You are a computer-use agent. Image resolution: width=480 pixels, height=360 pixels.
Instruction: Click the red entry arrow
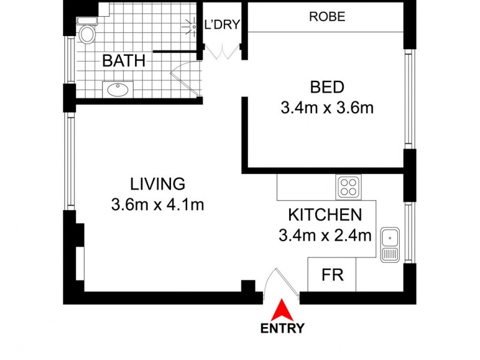point(281,311)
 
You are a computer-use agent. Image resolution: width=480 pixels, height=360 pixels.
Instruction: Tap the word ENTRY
point(282,328)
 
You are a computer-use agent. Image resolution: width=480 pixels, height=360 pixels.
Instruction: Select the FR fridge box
point(331,275)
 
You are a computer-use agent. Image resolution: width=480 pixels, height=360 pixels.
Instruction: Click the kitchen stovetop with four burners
point(348,186)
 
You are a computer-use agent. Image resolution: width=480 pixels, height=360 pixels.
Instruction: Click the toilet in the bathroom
point(86,33)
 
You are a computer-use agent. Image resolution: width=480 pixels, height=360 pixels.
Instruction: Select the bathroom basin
point(118,90)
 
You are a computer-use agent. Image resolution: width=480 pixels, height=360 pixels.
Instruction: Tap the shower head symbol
point(192,26)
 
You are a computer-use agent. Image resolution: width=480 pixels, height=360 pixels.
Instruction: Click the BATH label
point(123,61)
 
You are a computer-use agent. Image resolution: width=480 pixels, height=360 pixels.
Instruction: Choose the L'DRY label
point(222,25)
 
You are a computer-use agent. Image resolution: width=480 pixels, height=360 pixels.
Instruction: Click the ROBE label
point(327,17)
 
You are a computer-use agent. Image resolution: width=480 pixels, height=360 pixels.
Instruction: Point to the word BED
point(327,88)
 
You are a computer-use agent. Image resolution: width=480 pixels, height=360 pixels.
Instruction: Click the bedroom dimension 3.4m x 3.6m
point(327,108)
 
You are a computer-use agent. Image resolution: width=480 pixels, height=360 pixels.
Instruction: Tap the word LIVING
point(158,184)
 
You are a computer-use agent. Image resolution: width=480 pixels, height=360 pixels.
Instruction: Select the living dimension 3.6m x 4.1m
point(158,205)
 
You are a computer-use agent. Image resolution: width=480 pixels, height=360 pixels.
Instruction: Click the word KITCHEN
point(325,215)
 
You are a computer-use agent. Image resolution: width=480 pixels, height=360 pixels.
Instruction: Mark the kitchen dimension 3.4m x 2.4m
point(325,235)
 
